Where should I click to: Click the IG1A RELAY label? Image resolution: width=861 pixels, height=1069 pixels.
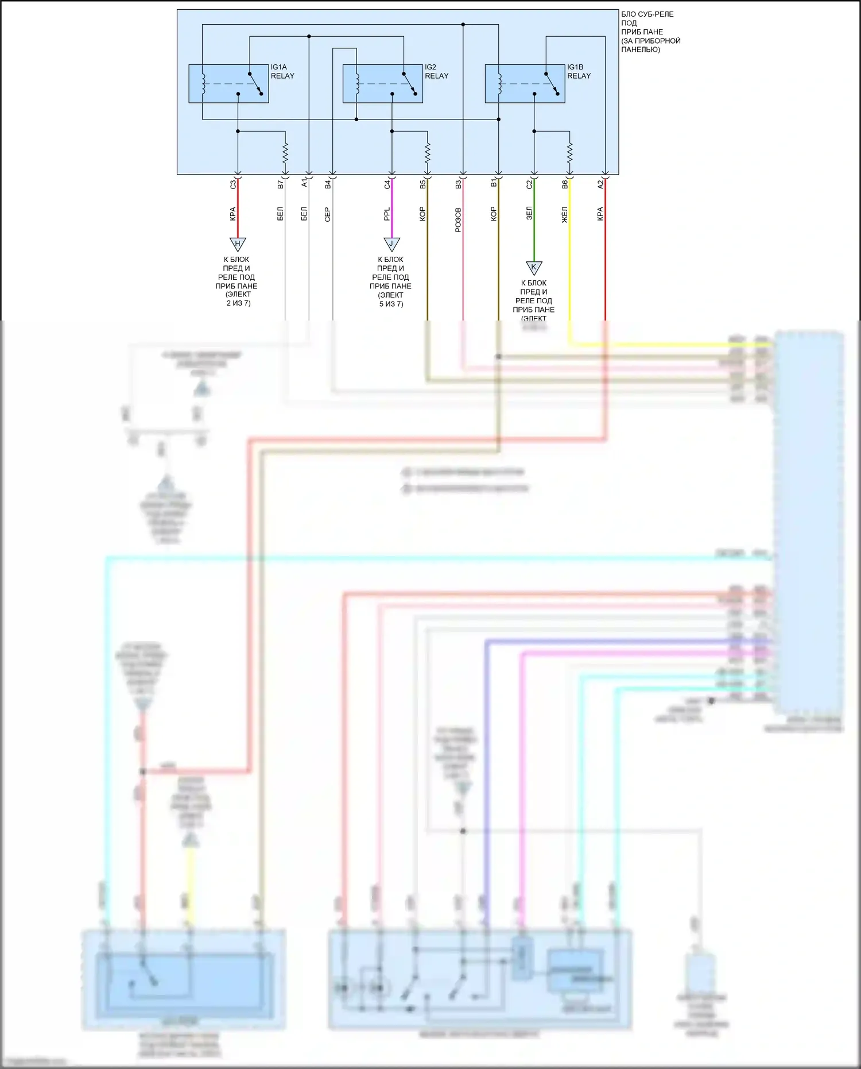pos(282,72)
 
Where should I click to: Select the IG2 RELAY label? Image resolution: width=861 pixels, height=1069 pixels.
pos(436,72)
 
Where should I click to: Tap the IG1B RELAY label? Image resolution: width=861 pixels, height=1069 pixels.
pos(579,72)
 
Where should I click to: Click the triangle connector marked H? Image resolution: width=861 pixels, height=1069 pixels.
pos(238,244)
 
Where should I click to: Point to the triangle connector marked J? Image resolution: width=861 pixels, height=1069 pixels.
pos(391,244)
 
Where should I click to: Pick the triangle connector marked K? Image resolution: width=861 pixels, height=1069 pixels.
pos(534,268)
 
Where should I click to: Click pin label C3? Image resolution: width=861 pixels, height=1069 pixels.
pos(232,184)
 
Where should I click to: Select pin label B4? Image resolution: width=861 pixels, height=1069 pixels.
pos(328,184)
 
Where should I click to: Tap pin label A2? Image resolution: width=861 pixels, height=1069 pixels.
pos(600,184)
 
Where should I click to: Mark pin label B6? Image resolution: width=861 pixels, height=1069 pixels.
pos(565,184)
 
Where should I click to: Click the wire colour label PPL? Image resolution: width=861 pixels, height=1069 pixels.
pos(387,214)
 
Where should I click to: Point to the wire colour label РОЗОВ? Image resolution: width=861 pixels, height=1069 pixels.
pos(458,220)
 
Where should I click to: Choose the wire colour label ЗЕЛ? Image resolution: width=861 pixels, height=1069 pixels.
pos(529,214)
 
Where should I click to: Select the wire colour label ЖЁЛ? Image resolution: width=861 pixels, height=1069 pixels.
pos(565,215)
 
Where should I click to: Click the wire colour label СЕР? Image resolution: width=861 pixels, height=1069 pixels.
pos(328,214)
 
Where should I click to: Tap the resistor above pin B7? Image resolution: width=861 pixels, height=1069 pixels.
pos(285,153)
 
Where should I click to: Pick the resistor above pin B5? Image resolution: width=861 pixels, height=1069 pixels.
pos(428,153)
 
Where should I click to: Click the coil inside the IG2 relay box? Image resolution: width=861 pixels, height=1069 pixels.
pos(356,83)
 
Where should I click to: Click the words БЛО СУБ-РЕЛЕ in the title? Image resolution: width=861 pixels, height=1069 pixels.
pos(647,14)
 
